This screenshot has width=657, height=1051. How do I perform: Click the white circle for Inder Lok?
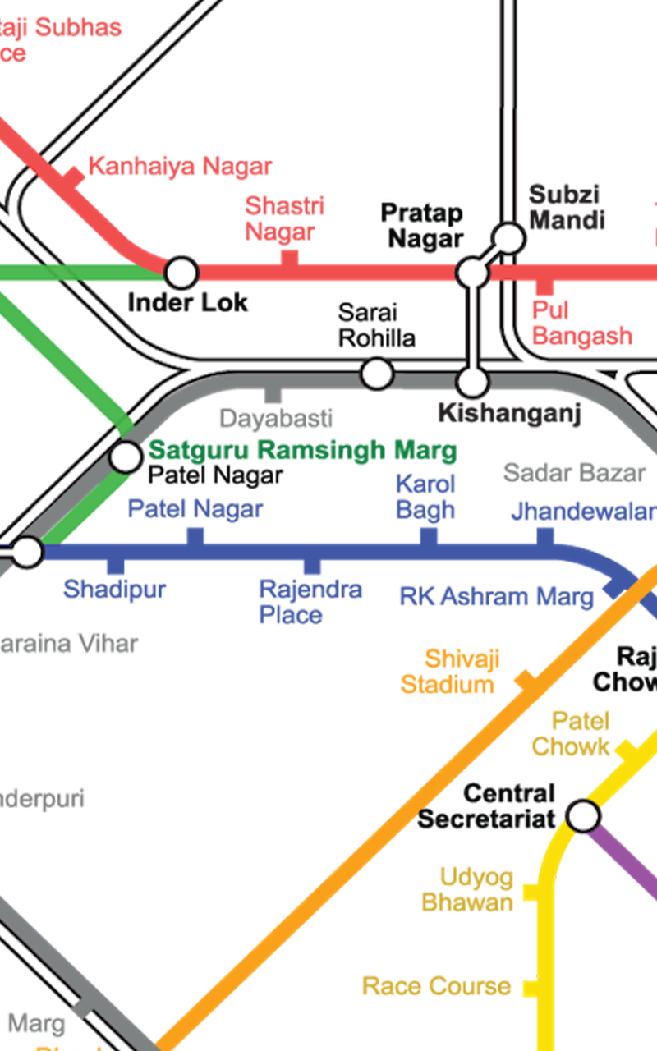point(181,271)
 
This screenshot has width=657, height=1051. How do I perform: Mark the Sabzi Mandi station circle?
point(509,238)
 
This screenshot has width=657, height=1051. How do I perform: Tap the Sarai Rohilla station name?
point(375,324)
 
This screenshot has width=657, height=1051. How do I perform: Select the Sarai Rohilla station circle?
point(377,374)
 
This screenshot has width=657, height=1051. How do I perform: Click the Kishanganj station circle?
point(472,382)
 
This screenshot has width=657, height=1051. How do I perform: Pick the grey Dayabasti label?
point(271,418)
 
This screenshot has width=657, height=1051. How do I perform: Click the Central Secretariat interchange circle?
point(583,816)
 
